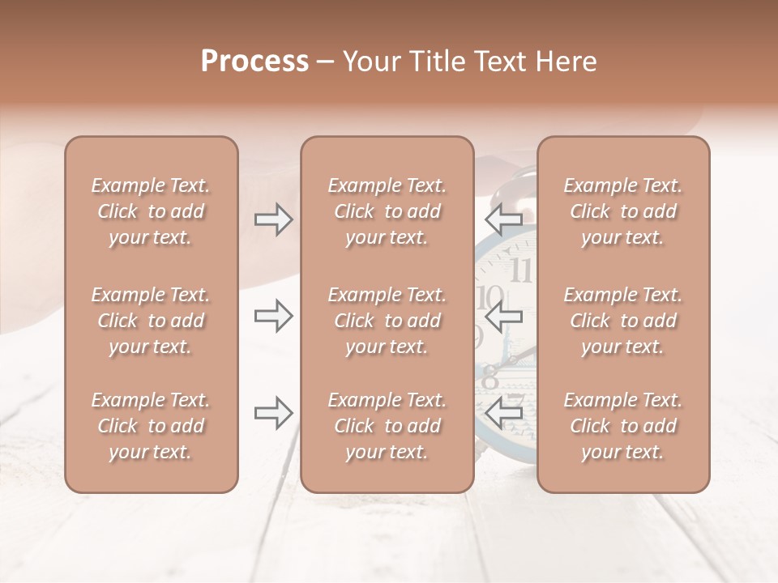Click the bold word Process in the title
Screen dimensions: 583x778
coord(254,62)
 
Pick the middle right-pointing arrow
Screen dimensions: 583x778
coord(273,317)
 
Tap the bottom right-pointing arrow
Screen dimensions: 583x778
coord(273,413)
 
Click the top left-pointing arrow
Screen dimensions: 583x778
coord(503,218)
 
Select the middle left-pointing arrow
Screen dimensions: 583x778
coord(503,317)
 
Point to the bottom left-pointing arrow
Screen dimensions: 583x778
coord(503,413)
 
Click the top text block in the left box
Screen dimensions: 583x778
coord(151,211)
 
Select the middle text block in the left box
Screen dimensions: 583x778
coord(151,321)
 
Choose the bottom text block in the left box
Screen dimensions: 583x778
coord(151,426)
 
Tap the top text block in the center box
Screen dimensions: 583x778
coord(387,211)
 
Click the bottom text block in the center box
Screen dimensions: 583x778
coord(387,426)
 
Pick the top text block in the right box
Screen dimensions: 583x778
coord(622,211)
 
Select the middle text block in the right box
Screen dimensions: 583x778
coord(622,321)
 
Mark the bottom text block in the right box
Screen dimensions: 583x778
coord(622,426)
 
